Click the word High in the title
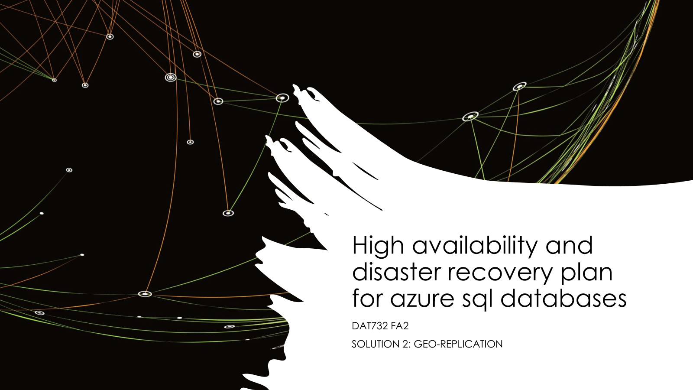[x=378, y=246]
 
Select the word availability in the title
[x=475, y=246]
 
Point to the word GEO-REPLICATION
[x=458, y=344]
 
